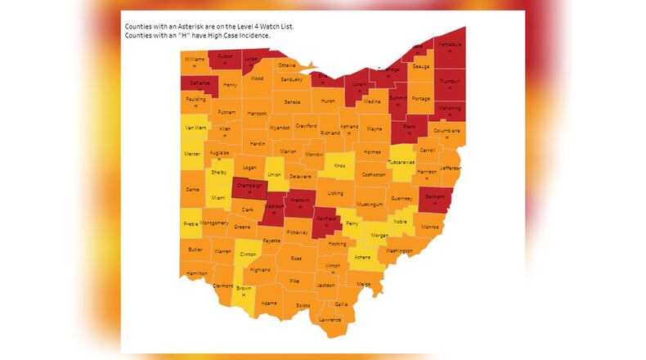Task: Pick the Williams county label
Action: coord(195,60)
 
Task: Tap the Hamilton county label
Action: coord(197,272)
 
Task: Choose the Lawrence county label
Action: coord(330,319)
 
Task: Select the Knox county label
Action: coord(340,165)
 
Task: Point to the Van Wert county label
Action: coord(195,128)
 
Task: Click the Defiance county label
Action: coord(200,83)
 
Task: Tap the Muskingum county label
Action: coord(370,203)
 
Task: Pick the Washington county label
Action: coord(399,250)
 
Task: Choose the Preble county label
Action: coord(191,223)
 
